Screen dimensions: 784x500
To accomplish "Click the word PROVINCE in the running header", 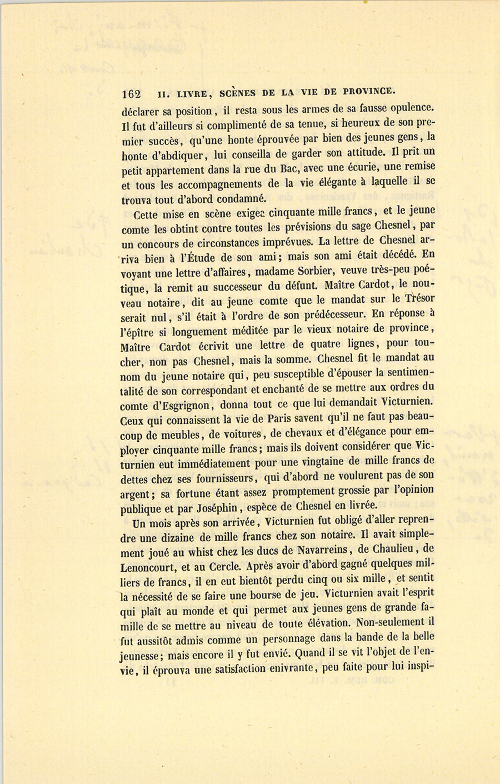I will tap(369, 91).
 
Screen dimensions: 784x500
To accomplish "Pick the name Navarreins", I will tap(312, 551).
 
